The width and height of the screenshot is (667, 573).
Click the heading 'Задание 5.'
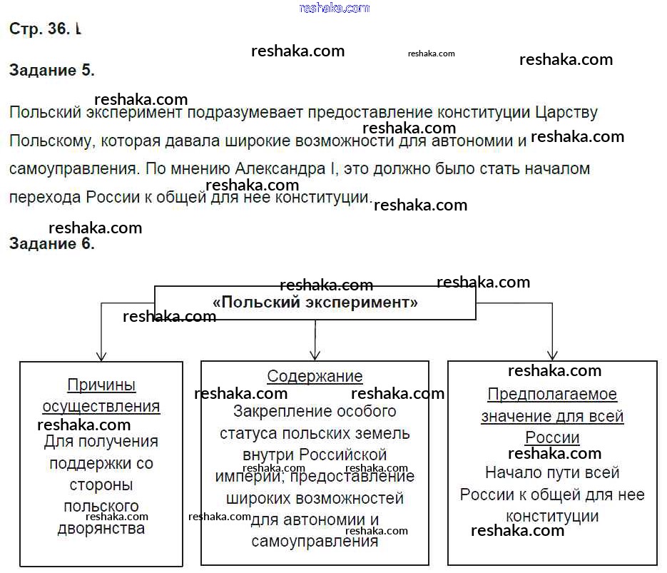pyautogui.click(x=51, y=71)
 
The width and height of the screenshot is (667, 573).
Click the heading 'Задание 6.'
pyautogui.click(x=51, y=243)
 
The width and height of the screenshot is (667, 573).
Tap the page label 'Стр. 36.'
pyautogui.click(x=40, y=29)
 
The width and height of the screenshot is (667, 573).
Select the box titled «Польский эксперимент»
pyautogui.click(x=315, y=303)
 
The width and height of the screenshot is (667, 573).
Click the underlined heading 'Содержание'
pyautogui.click(x=315, y=376)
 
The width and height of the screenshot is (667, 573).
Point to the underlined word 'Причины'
pyautogui.click(x=101, y=385)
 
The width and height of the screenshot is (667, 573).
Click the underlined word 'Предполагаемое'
pyautogui.click(x=552, y=395)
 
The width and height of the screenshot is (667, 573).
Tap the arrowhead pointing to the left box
pyautogui.click(x=101, y=355)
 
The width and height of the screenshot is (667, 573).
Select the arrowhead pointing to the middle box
pyautogui.click(x=315, y=355)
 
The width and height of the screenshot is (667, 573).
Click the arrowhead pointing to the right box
pyautogui.click(x=552, y=355)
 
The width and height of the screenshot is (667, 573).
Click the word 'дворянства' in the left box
pyautogui.click(x=101, y=529)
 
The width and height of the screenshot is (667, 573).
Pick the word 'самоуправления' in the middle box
pyautogui.click(x=315, y=541)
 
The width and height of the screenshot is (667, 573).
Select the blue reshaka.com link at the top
pyautogui.click(x=335, y=9)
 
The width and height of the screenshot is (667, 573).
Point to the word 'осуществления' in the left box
pyautogui.click(x=101, y=407)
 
